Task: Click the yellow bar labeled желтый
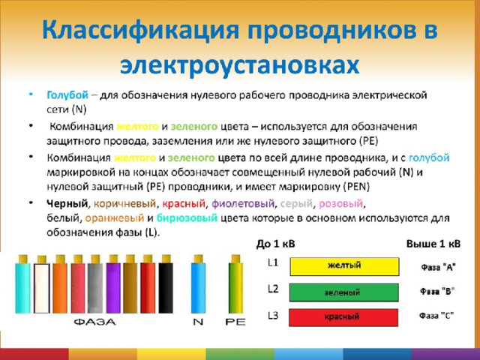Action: pos(344,266)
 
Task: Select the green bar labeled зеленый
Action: pos(344,292)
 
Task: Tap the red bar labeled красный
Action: pos(343,317)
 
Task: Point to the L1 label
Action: pos(273,262)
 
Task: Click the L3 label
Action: pos(272,316)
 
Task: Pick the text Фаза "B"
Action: pos(437,291)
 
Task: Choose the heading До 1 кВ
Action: pos(275,244)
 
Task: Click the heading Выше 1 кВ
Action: pos(433,244)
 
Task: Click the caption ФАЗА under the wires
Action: pos(95,322)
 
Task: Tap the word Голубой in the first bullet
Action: pos(67,95)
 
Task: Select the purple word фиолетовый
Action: pos(243,203)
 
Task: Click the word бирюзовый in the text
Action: pos(187,218)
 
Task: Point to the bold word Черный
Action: pos(67,203)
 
